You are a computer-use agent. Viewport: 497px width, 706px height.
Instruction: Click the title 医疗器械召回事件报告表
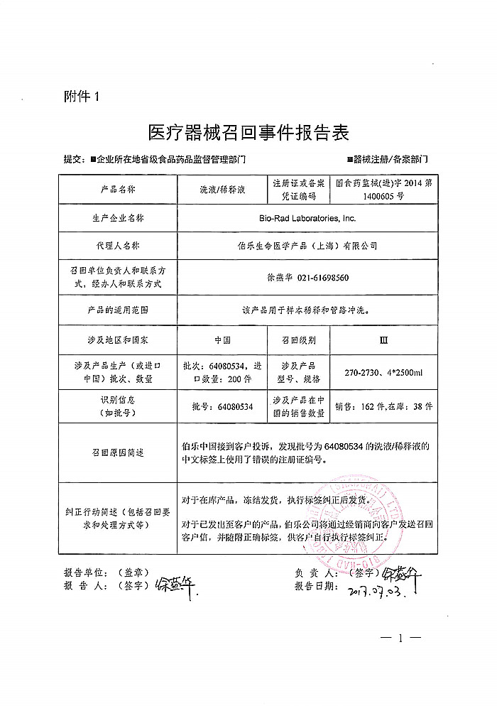[x=248, y=133]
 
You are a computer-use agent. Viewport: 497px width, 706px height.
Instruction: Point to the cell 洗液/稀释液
[x=222, y=190]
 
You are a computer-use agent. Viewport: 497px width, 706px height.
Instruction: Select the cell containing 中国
[x=222, y=340]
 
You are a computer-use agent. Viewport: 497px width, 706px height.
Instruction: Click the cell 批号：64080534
[x=222, y=407]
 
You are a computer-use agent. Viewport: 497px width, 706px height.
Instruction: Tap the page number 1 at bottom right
[x=400, y=639]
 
